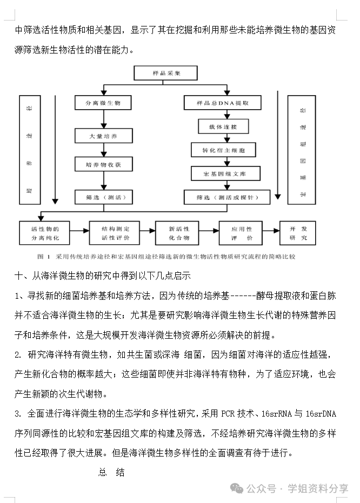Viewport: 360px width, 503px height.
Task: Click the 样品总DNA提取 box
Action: click(x=222, y=103)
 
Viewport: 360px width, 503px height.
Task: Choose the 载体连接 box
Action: click(x=223, y=127)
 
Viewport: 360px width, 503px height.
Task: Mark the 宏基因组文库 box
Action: click(x=225, y=173)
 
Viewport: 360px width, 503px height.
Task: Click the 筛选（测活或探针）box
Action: click(x=226, y=197)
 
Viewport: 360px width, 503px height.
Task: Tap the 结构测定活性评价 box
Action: click(x=114, y=232)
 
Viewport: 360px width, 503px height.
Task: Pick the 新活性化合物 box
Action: click(x=179, y=232)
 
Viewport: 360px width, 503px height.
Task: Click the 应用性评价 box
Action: click(x=241, y=232)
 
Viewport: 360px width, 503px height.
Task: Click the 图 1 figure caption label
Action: click(x=43, y=256)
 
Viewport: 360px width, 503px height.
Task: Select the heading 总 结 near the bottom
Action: click(x=112, y=472)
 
